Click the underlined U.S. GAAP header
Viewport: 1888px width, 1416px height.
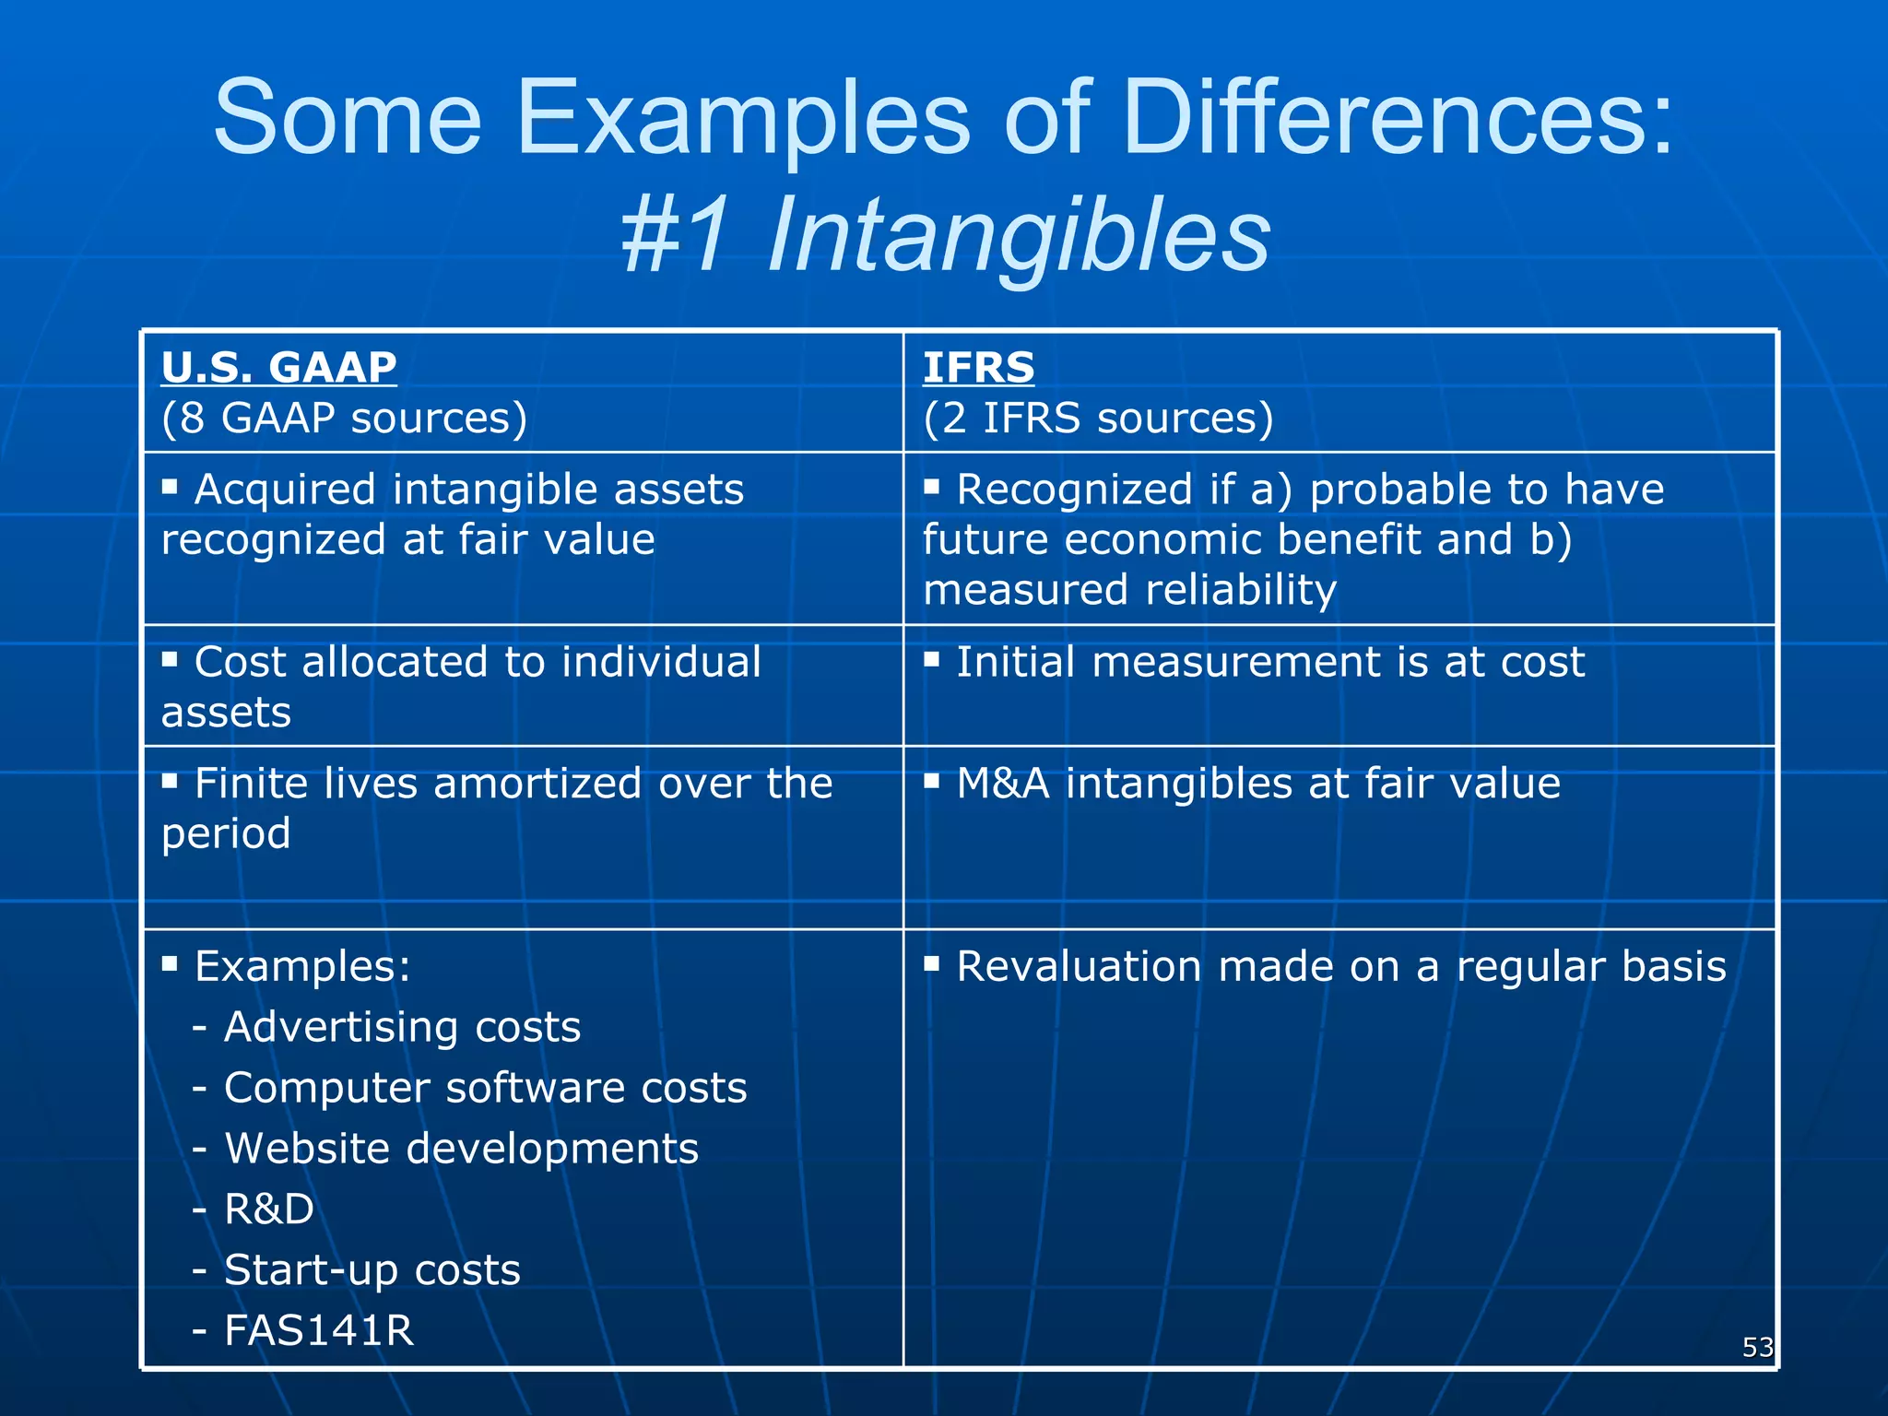tap(278, 368)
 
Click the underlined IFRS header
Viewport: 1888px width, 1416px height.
tap(978, 368)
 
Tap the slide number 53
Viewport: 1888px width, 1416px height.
tap(1757, 1347)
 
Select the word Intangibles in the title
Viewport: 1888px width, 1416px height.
tap(1019, 236)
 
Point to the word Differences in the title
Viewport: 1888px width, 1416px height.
tap(1397, 118)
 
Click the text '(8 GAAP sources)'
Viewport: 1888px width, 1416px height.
tap(344, 418)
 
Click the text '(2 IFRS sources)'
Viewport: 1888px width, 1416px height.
tap(1098, 418)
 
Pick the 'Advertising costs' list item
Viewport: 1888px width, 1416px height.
tap(402, 1027)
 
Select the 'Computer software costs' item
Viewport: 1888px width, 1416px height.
tap(485, 1088)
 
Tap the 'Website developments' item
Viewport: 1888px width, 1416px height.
tap(461, 1149)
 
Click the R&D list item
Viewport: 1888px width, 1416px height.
tap(268, 1209)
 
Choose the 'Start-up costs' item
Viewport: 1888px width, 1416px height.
tap(372, 1270)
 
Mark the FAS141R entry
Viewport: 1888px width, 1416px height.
tap(319, 1330)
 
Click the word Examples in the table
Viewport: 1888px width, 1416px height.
tap(301, 966)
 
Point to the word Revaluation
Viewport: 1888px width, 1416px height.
tap(1079, 966)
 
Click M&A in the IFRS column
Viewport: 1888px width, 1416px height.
tap(1002, 784)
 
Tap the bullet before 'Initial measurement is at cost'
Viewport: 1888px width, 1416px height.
tap(932, 658)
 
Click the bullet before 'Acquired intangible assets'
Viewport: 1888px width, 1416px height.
tap(170, 486)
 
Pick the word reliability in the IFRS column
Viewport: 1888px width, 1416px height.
tap(1241, 590)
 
